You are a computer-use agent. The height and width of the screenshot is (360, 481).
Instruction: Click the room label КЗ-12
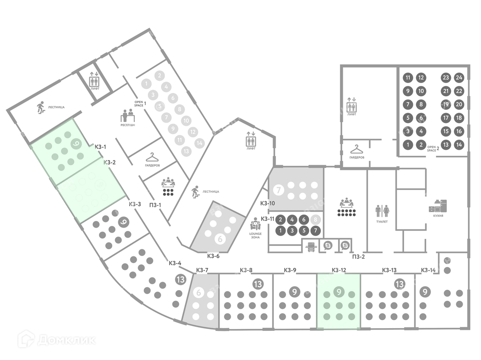pos(339,270)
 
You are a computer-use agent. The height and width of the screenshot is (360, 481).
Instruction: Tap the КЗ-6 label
pos(213,256)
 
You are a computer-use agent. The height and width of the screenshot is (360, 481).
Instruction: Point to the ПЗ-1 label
pos(155,205)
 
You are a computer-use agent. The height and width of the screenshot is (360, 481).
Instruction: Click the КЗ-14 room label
pos(428,270)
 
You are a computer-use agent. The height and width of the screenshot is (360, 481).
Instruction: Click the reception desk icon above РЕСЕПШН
pos(128,115)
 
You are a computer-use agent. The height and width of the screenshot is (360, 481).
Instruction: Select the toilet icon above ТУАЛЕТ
pos(381,211)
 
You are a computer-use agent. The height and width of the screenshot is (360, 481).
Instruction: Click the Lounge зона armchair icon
pos(256,222)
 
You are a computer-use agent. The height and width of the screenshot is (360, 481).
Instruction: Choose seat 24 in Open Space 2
pos(459,77)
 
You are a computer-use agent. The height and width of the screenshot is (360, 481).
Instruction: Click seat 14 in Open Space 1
pos(200,143)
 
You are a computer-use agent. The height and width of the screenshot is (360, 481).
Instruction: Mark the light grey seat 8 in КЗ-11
pos(316,219)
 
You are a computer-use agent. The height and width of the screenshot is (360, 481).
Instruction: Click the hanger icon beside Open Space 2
pos(357,149)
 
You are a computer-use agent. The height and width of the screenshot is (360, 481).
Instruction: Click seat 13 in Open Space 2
pos(446,145)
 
